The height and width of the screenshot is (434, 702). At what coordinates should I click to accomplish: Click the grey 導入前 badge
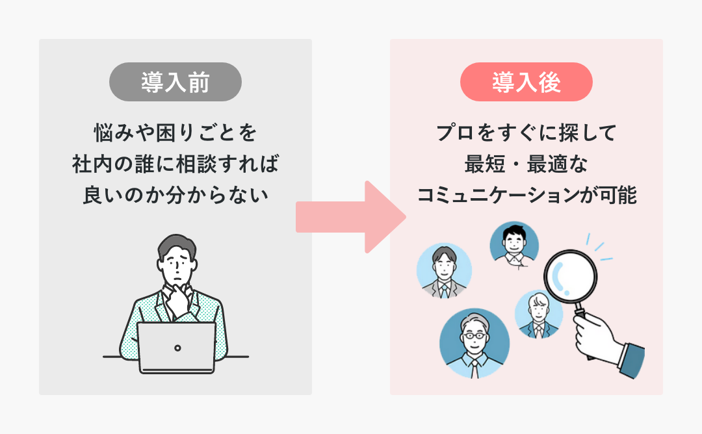(x=175, y=82)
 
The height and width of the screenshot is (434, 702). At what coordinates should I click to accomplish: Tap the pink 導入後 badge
(x=526, y=82)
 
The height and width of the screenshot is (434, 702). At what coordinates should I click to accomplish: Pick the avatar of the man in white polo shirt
(x=514, y=243)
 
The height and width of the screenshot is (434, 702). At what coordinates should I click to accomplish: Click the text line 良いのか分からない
(x=175, y=195)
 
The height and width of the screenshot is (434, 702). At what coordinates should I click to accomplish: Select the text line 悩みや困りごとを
(x=175, y=134)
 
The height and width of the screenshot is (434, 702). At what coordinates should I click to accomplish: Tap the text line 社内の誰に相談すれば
(x=175, y=164)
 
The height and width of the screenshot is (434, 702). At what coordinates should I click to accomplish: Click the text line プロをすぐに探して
(x=526, y=134)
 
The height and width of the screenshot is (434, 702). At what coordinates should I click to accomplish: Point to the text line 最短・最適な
(x=526, y=164)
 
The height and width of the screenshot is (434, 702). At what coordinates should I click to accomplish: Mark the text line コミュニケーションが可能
(x=526, y=195)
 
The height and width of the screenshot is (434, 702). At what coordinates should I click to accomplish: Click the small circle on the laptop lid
(x=177, y=348)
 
